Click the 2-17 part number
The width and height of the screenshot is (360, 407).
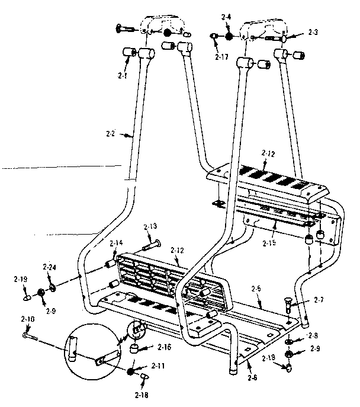[x=221, y=56]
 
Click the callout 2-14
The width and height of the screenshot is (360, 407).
[x=115, y=243]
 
